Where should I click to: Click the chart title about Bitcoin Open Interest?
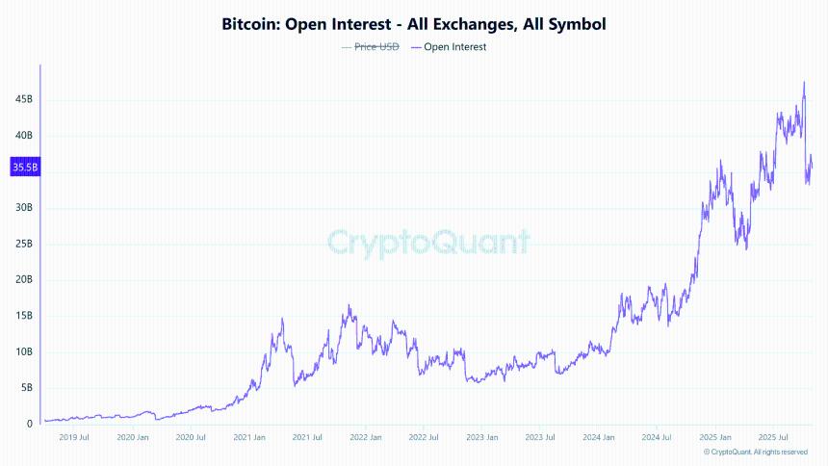[x=414, y=22]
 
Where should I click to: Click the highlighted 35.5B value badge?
[x=25, y=168]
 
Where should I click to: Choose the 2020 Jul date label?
[x=193, y=437]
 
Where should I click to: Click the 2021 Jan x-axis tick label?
[x=250, y=437]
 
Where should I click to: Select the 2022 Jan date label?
[x=367, y=437]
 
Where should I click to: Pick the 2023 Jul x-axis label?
[x=540, y=437]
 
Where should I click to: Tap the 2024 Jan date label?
[x=598, y=437]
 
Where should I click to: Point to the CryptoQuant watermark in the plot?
[x=427, y=241]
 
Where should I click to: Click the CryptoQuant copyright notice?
[x=755, y=452]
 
